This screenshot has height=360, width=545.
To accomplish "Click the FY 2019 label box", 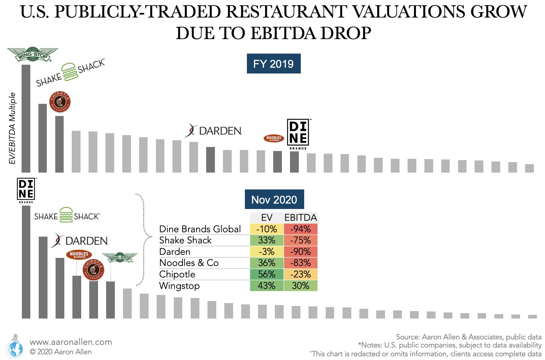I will [274, 64].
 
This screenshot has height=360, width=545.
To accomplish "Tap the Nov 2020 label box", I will [274, 200].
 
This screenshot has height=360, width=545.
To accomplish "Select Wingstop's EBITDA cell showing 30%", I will [300, 286].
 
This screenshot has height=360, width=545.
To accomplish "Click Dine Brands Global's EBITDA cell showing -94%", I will [300, 229].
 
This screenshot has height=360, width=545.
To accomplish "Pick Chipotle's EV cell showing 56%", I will [266, 274].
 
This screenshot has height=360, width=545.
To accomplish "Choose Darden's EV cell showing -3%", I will [266, 251].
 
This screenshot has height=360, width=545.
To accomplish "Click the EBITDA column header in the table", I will [300, 217].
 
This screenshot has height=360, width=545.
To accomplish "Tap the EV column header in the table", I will [266, 217].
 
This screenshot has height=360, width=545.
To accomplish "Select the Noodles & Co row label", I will [189, 263].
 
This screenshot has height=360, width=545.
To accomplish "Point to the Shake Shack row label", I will [185, 240].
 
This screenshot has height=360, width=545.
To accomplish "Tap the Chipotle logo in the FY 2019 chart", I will [60, 102].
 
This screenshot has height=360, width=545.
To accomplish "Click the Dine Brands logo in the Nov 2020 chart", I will [26, 190].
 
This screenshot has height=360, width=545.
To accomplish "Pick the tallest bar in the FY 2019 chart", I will [26, 119].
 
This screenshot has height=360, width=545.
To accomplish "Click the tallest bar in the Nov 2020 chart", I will [26, 262].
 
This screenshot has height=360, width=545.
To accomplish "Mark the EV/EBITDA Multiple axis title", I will [12, 128].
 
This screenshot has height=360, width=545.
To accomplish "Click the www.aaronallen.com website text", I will [71, 342].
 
